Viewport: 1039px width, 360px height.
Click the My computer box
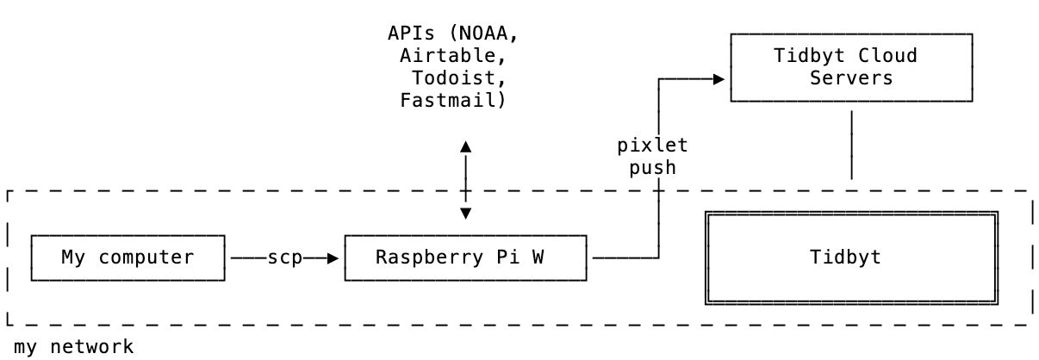[x=128, y=258]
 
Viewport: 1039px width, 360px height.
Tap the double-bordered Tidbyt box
[x=851, y=258]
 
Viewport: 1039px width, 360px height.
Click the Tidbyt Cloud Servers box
[x=851, y=67]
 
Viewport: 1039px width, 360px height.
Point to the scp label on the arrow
[x=284, y=258]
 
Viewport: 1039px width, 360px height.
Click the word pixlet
[x=652, y=146]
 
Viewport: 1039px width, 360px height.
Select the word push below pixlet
[x=652, y=167]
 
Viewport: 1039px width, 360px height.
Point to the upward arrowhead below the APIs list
[x=465, y=146]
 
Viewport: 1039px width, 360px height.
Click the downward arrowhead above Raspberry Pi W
[x=465, y=213]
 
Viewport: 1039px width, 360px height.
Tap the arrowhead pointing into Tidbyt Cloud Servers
[x=719, y=78]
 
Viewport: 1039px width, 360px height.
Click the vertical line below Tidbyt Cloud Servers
[x=851, y=144]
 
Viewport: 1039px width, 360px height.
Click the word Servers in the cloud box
[x=851, y=78]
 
